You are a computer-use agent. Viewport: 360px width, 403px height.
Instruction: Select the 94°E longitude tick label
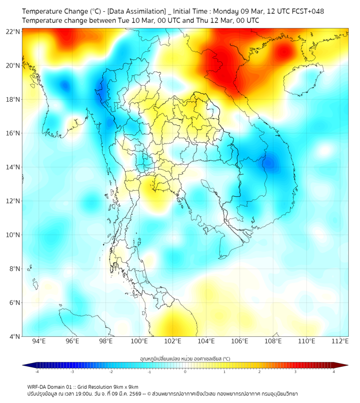click(39, 341)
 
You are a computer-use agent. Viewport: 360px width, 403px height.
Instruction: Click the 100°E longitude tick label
click(139, 341)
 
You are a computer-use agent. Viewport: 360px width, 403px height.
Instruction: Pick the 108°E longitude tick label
click(273, 341)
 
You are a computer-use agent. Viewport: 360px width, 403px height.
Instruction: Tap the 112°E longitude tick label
click(340, 341)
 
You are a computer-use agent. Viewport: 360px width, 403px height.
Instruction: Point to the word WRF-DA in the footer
click(38, 386)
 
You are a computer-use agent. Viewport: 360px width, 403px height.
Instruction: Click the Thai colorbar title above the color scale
click(185, 359)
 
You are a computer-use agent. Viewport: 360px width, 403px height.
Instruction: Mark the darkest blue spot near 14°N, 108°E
click(272, 162)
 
